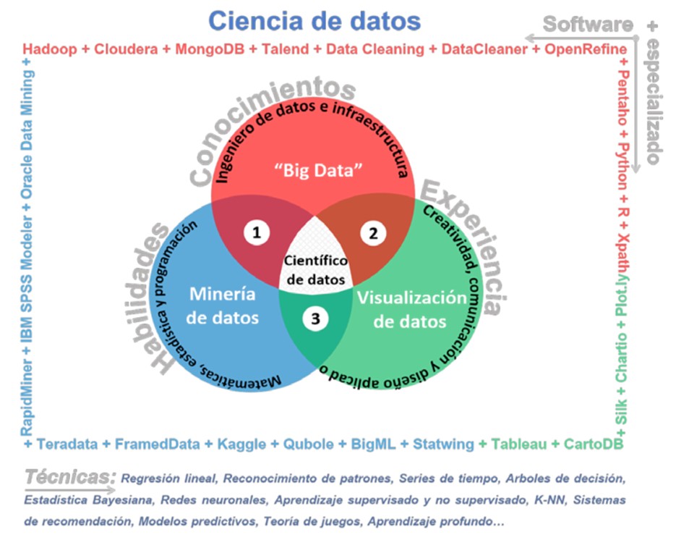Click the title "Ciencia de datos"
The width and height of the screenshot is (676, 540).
click(315, 20)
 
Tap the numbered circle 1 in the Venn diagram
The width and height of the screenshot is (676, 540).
click(256, 232)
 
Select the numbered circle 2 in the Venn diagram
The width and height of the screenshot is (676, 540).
click(373, 232)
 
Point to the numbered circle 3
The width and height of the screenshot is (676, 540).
click(315, 319)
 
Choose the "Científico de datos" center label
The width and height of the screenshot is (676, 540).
click(315, 270)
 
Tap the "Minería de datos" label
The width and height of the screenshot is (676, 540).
click(223, 305)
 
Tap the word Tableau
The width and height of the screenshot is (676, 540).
click(519, 444)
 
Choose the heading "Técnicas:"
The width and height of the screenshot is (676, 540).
click(71, 477)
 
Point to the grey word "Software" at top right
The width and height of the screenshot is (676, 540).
click(587, 24)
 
